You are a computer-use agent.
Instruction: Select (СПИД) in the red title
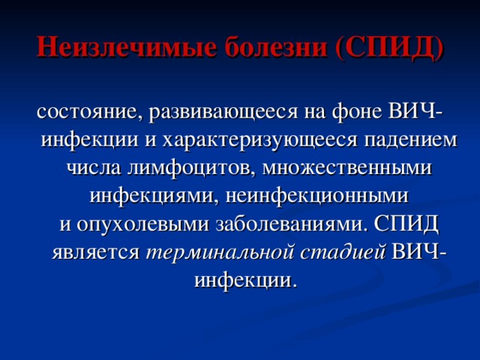tap(390, 49)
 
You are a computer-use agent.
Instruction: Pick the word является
tap(95, 252)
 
